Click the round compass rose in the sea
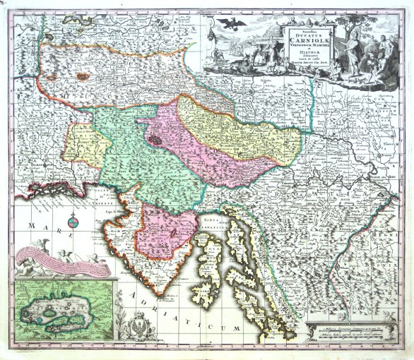tap(73, 224)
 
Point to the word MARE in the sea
tap(42, 225)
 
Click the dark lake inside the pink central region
tap(154, 140)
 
